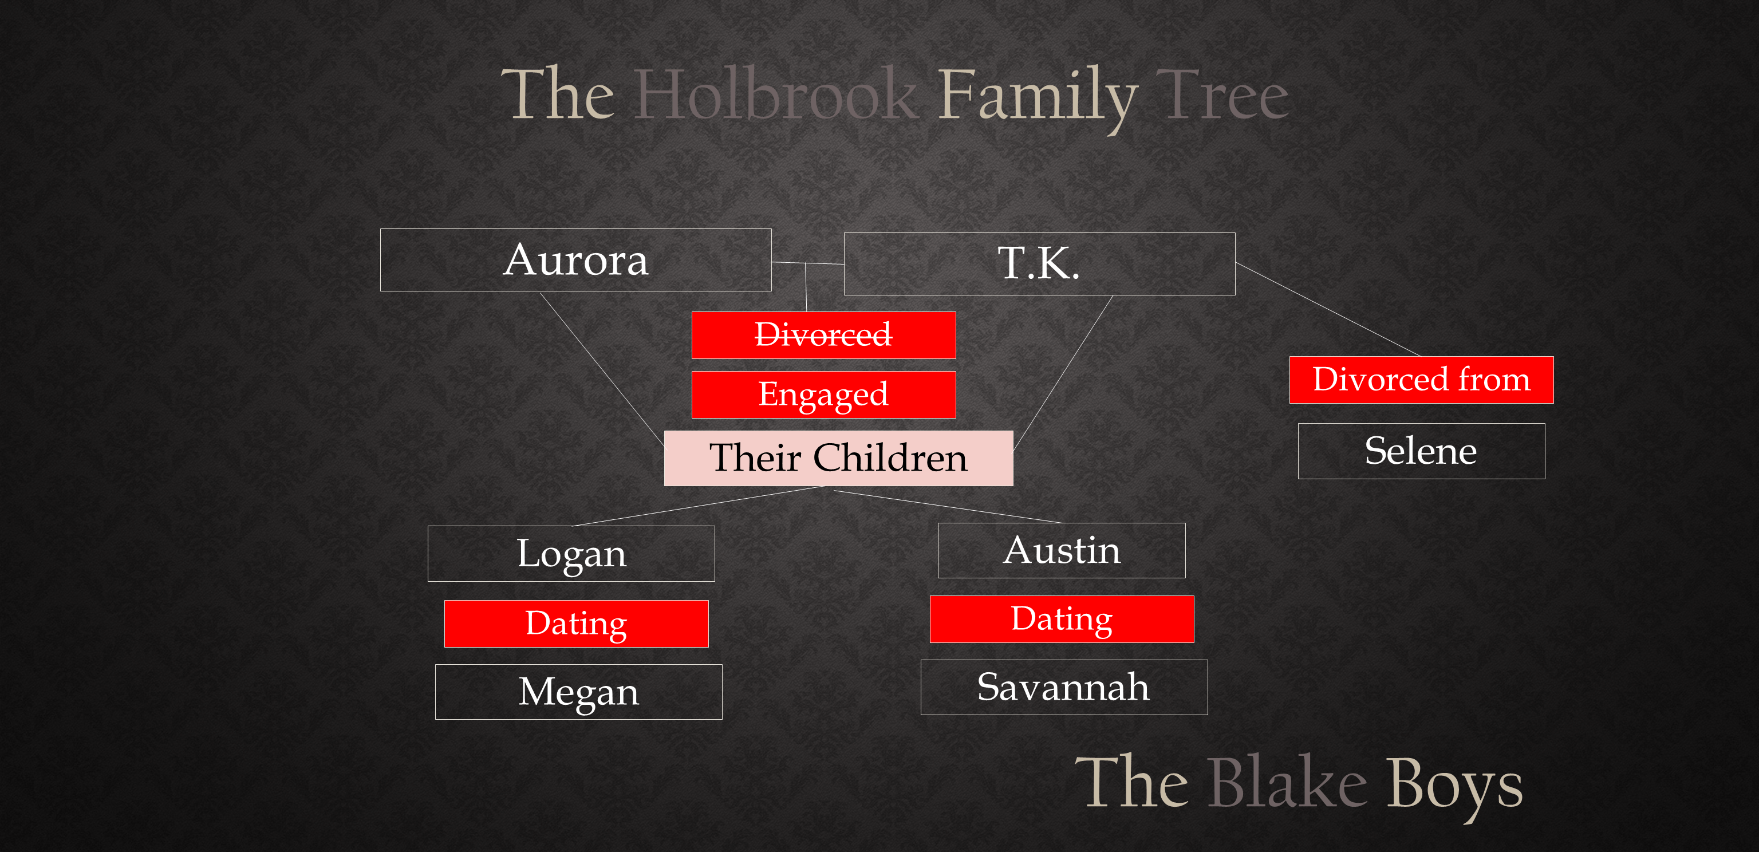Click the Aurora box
click(x=575, y=259)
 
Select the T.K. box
click(x=1039, y=263)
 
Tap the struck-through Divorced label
click(x=823, y=335)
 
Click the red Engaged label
click(x=823, y=395)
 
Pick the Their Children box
click(x=838, y=458)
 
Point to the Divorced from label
click(x=1421, y=380)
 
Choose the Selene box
click(x=1421, y=451)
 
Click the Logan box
click(x=571, y=554)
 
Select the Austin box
click(x=1061, y=550)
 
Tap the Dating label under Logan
click(x=577, y=624)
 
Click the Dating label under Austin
click(x=1062, y=619)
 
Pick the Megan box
click(x=578, y=692)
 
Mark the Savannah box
click(x=1064, y=688)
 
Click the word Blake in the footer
click(x=1288, y=782)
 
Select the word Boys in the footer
click(x=1454, y=788)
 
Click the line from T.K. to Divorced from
click(x=1328, y=309)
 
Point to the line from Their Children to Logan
click(x=698, y=506)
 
